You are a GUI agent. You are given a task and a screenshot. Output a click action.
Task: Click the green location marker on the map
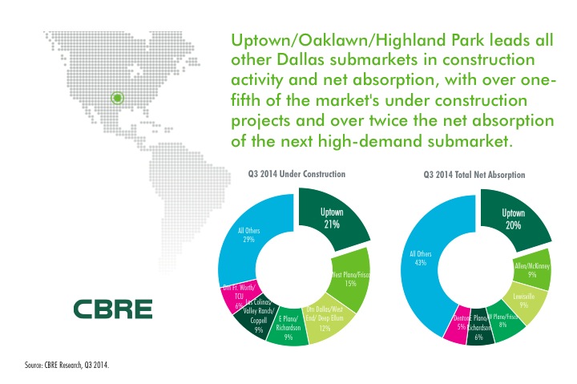coord(117,99)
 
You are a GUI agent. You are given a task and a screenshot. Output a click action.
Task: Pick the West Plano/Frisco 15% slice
coord(349,277)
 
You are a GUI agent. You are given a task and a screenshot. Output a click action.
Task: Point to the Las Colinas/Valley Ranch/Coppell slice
coord(256,317)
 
